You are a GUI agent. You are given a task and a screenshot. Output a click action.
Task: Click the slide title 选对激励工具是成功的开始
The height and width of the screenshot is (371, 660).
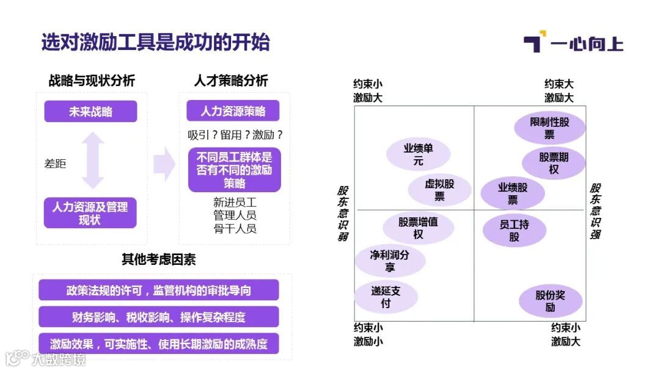[155, 43]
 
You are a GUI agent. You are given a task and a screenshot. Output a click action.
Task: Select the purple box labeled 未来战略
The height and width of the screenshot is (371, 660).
[90, 112]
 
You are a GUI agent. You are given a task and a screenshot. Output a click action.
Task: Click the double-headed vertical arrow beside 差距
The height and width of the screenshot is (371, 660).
[93, 161]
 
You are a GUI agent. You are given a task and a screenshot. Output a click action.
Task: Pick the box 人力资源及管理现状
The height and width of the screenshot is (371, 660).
[90, 213]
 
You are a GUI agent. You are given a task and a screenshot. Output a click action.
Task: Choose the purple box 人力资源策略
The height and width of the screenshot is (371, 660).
[233, 111]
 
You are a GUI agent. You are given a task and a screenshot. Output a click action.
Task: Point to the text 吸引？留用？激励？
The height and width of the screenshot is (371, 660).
[235, 135]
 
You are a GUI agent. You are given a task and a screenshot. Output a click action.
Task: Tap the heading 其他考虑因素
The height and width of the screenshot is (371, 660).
[158, 259]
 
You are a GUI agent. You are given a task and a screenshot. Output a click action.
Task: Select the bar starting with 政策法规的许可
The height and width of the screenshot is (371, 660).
[158, 290]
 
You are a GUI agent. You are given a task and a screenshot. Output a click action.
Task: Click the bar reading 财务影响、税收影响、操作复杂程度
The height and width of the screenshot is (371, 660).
[158, 317]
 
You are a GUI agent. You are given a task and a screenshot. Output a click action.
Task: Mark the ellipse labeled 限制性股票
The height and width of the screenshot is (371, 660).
[549, 128]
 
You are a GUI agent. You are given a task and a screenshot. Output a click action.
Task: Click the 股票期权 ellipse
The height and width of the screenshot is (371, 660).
[554, 163]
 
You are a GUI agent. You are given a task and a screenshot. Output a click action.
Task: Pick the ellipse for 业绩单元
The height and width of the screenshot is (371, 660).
[418, 154]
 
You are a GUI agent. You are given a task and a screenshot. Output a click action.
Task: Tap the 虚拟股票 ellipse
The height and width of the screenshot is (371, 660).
[439, 190]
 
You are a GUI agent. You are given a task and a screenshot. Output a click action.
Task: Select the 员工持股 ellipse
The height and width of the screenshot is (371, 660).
[514, 231]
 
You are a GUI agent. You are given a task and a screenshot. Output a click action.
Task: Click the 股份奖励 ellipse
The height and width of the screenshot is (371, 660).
[550, 301]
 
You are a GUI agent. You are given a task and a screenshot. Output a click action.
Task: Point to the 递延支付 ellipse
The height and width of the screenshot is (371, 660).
[386, 297]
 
